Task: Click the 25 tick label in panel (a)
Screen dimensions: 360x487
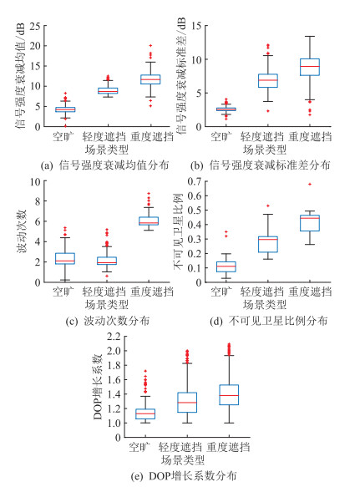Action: pyautogui.click(x=35, y=26)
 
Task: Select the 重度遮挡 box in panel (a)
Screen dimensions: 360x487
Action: pyautogui.click(x=150, y=79)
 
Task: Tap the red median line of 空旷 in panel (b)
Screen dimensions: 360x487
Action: pyautogui.click(x=226, y=109)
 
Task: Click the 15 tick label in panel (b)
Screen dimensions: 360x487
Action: pyautogui.click(x=196, y=26)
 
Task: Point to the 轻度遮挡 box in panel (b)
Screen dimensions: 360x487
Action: pyautogui.click(x=268, y=81)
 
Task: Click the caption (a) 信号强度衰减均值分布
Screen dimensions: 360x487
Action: pyautogui.click(x=104, y=165)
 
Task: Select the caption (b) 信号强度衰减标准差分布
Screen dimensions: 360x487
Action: pyautogui.click(x=261, y=165)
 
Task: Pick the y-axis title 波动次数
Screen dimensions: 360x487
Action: pyautogui.click(x=22, y=231)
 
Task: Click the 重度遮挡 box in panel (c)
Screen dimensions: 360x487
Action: pyautogui.click(x=149, y=221)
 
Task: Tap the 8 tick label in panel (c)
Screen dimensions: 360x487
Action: pyautogui.click(x=38, y=201)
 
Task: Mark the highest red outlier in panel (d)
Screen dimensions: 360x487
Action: pyautogui.click(x=310, y=184)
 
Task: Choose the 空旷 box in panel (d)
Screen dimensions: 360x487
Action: pyautogui.click(x=226, y=266)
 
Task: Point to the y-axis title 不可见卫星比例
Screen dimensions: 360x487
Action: pyautogui.click(x=178, y=232)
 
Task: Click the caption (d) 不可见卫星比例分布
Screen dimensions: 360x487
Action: pyautogui.click(x=269, y=320)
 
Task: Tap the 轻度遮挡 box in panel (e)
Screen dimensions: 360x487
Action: pyautogui.click(x=187, y=403)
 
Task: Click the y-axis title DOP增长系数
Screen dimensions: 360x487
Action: pyautogui.click(x=98, y=387)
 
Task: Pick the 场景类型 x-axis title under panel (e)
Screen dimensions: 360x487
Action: pyautogui.click(x=183, y=460)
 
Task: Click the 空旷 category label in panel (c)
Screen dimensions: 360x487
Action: pyautogui.click(x=63, y=292)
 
